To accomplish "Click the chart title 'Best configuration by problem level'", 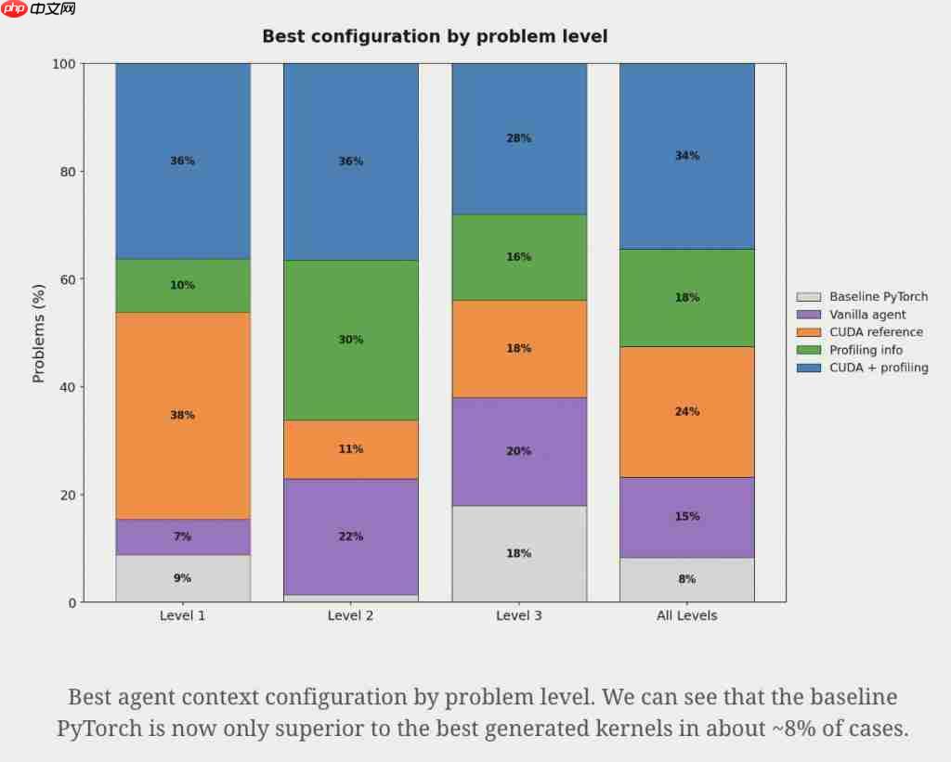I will click(x=435, y=37).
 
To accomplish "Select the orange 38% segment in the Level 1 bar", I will click(x=183, y=415).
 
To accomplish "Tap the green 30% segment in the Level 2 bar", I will click(x=351, y=340).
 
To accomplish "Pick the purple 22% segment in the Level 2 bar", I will click(x=351, y=536).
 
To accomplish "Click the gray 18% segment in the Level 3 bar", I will click(x=519, y=553).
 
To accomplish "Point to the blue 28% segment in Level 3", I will click(x=519, y=138).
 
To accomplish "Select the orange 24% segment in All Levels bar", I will click(x=687, y=411).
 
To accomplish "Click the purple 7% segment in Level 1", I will click(x=183, y=536).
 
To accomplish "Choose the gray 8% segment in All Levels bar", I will click(x=687, y=579).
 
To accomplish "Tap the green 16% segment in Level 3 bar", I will click(x=519, y=257).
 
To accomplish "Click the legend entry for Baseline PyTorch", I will click(x=878, y=297).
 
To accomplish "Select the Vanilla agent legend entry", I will click(x=867, y=315).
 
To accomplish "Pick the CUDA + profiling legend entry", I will click(x=879, y=368).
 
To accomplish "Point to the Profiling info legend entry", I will click(x=866, y=350).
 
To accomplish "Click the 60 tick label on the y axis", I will click(x=67, y=279).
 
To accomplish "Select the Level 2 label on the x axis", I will click(x=351, y=615).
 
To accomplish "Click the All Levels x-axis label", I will click(x=687, y=615).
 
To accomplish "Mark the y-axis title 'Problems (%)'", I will click(x=39, y=332).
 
